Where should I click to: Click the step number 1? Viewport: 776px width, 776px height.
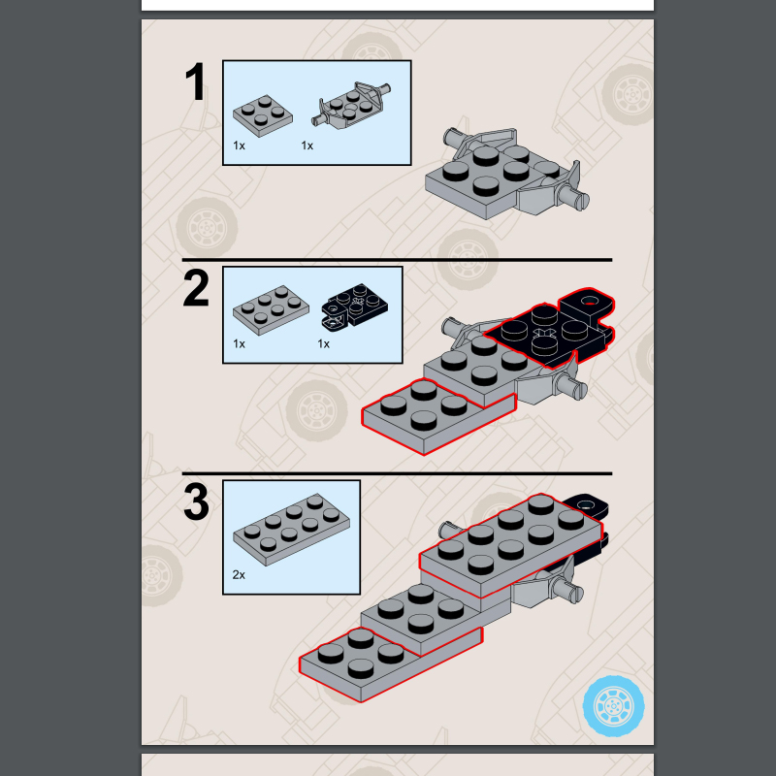[196, 83]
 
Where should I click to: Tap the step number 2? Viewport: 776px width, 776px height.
[196, 289]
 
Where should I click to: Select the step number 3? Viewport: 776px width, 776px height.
[196, 502]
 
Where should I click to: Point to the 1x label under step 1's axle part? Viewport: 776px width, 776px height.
[307, 145]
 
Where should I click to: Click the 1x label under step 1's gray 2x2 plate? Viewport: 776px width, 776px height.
[239, 145]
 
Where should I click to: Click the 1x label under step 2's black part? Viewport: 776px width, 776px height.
[324, 343]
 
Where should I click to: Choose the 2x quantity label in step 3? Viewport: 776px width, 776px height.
[239, 574]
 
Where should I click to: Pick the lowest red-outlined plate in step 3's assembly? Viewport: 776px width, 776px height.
[388, 663]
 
